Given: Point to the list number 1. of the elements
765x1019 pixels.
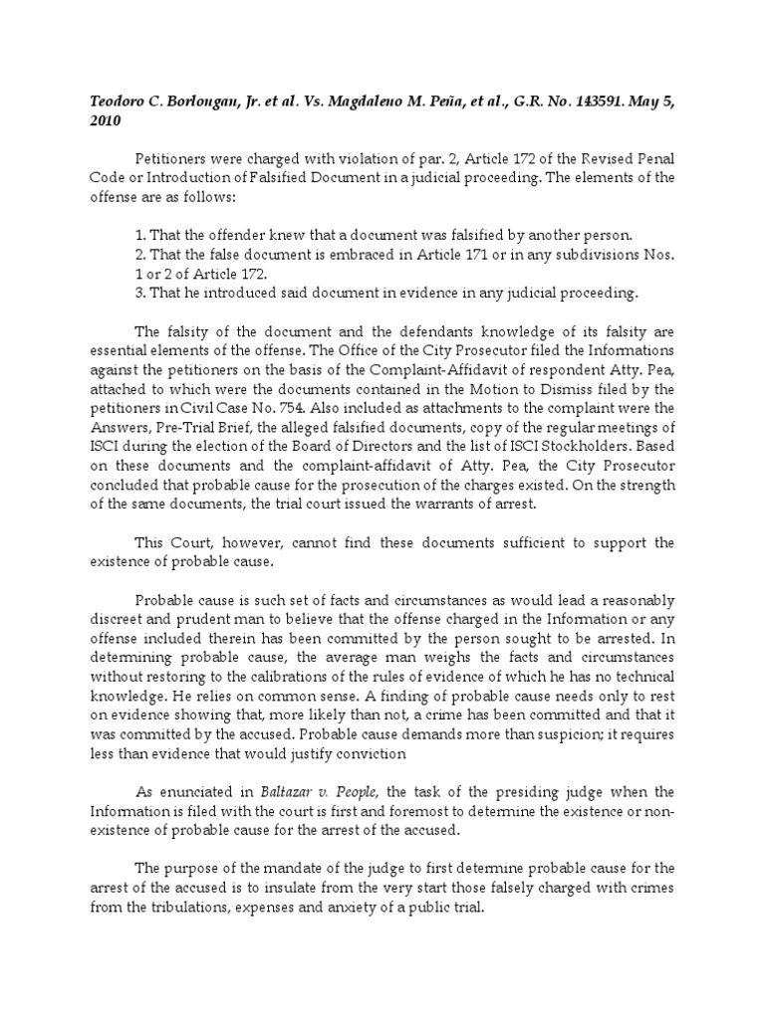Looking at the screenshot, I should [x=138, y=235].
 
